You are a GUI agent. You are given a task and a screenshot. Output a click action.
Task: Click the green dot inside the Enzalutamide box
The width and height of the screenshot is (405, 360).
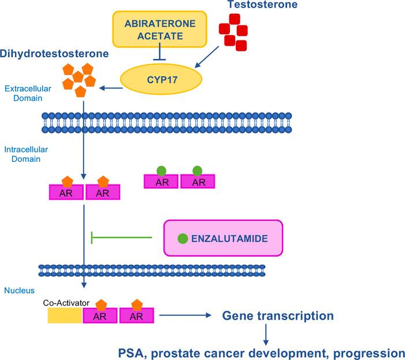click(x=183, y=238)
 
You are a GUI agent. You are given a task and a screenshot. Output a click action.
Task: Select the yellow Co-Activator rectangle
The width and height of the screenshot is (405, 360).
click(x=64, y=316)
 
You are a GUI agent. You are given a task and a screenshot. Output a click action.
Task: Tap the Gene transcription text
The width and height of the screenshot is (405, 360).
click(x=278, y=316)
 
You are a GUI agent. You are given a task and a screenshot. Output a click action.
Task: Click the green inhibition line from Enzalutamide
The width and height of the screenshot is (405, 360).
click(x=121, y=237)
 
